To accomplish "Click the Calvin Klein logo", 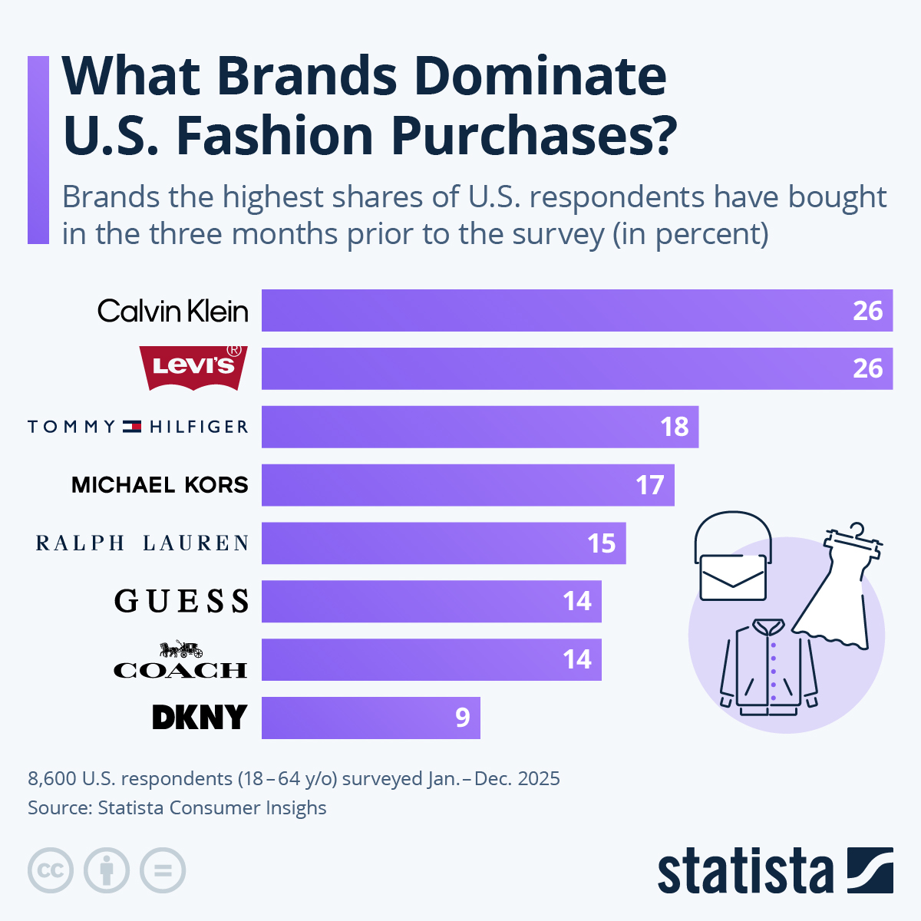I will [x=173, y=311].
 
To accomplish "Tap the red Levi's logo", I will [x=193, y=367].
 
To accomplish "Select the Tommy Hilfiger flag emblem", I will [x=132, y=427].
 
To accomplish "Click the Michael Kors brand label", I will [x=160, y=485].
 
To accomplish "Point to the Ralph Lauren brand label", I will [x=143, y=543].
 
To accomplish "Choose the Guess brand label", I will [x=182, y=601].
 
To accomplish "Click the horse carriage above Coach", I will [x=181, y=649].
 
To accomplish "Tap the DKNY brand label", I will [x=200, y=718].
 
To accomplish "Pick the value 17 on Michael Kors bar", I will [x=649, y=485].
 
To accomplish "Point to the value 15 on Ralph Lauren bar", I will [x=602, y=543].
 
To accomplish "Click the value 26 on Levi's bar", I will [x=867, y=368].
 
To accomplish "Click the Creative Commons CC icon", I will [x=51, y=871].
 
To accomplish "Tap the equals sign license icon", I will [x=163, y=871].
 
